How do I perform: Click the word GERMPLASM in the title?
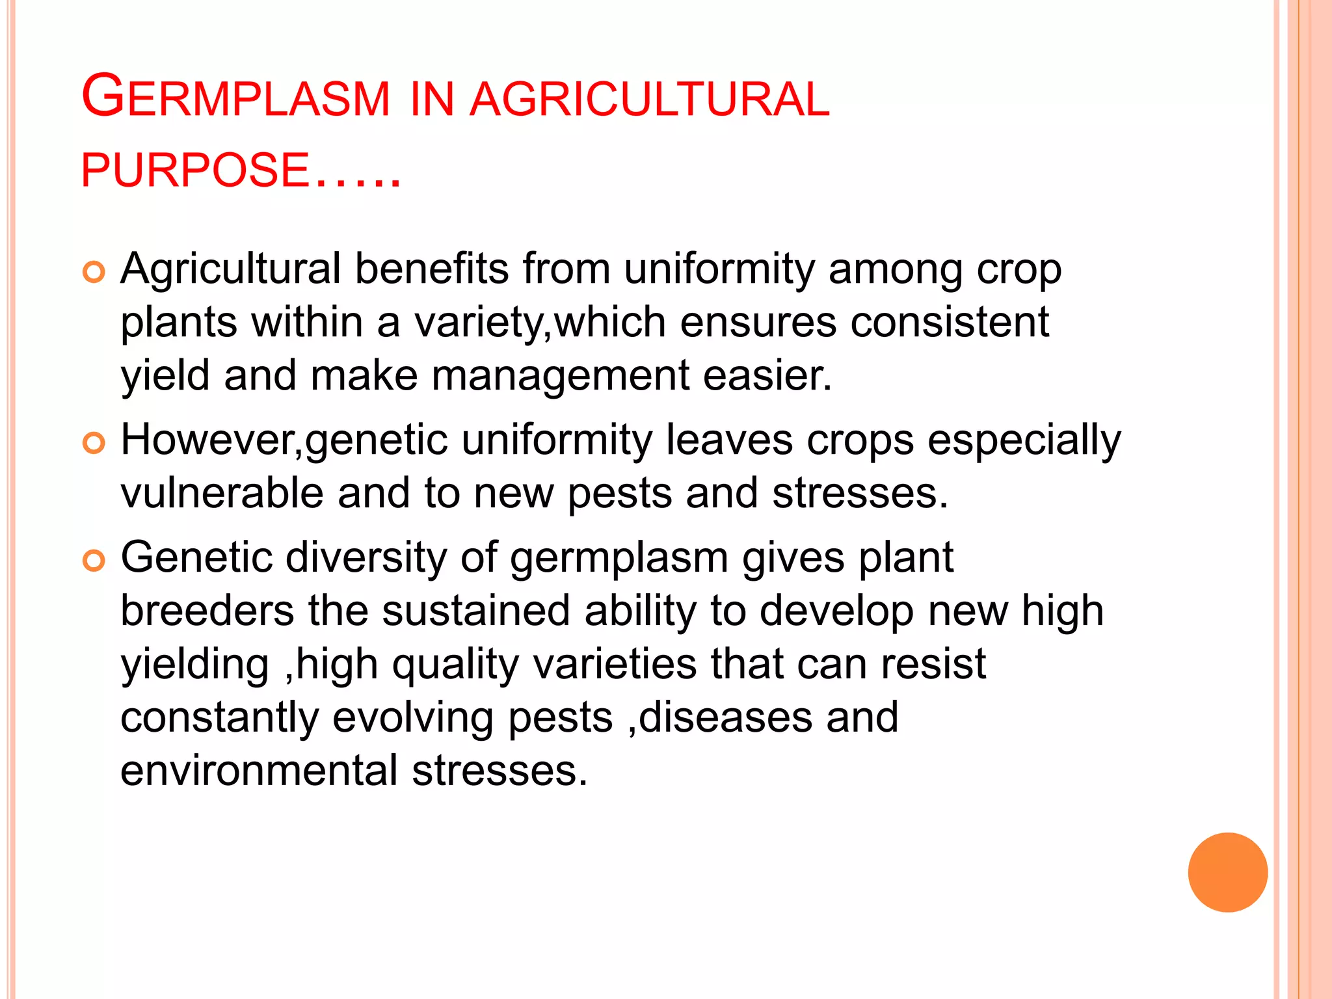coord(235,98)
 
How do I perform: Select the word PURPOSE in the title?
coord(194,170)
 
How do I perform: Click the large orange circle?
coord(1227,872)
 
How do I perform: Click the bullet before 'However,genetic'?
coord(94,444)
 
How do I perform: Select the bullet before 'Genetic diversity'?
coord(94,561)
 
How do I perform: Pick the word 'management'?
coord(560,376)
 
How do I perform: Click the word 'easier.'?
coord(767,376)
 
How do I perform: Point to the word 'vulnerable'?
coord(222,493)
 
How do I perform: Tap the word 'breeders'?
coord(207,611)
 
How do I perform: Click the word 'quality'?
coord(455,665)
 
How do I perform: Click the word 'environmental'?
coord(259,771)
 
